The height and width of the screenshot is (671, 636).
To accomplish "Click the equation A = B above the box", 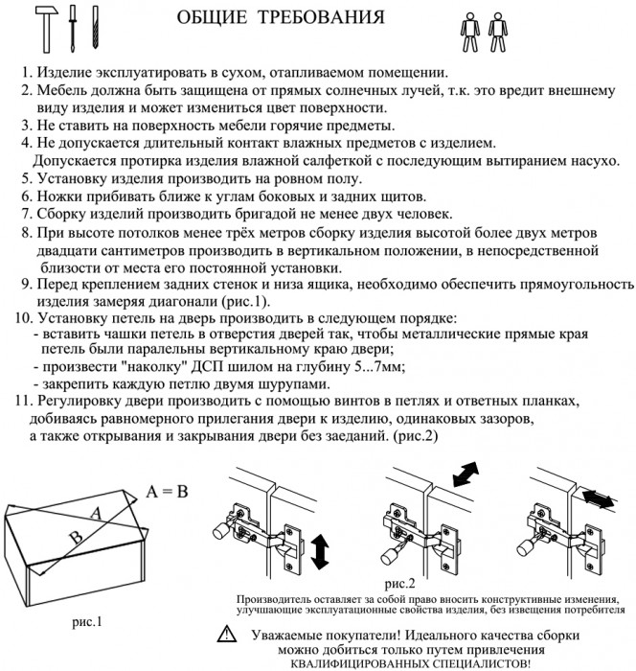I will [x=167, y=492].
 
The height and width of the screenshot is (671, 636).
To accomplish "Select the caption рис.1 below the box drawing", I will [x=88, y=621].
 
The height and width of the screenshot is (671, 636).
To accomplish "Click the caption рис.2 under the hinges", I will [x=399, y=583].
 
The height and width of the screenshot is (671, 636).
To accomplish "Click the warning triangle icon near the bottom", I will [x=225, y=634].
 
